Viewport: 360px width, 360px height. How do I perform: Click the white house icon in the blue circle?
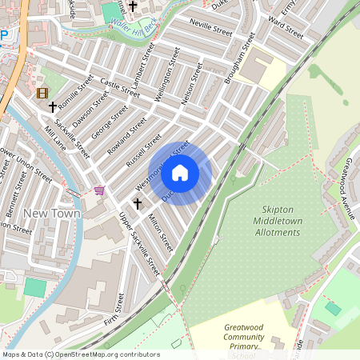(x=180, y=172)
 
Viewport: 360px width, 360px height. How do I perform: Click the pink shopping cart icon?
(x=99, y=190)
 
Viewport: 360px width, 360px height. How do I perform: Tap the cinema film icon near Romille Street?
(x=42, y=93)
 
